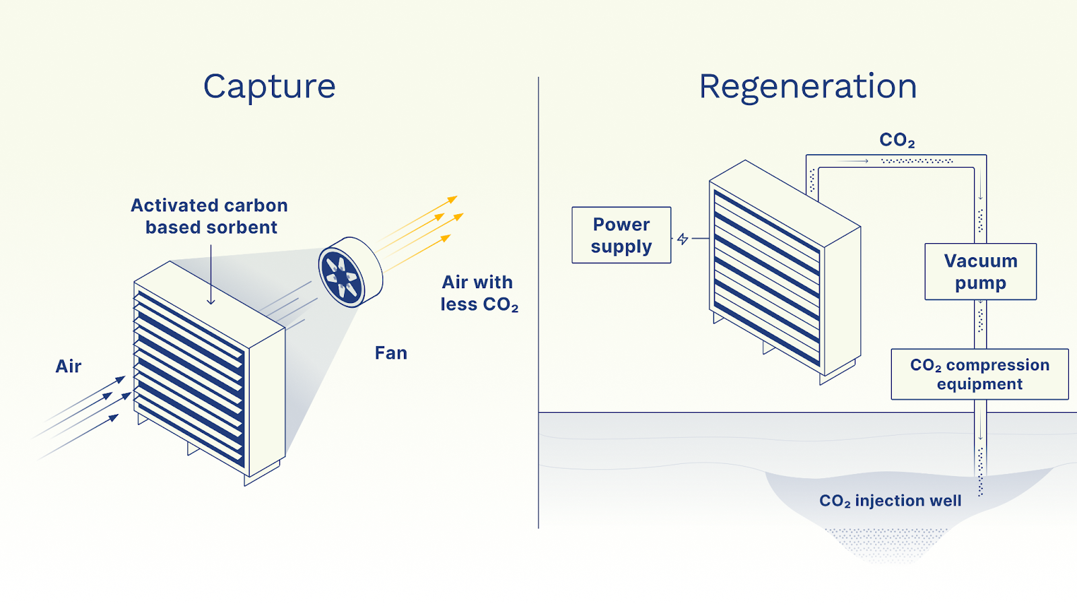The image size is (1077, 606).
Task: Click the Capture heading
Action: (x=269, y=87)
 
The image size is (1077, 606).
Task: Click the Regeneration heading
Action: (x=808, y=87)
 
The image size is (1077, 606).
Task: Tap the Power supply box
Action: (x=621, y=235)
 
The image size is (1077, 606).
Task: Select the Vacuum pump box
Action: (x=980, y=271)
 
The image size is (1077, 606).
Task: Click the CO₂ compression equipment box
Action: (x=979, y=374)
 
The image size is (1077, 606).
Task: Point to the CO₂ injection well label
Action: (x=890, y=501)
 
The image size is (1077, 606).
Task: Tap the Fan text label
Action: (x=390, y=353)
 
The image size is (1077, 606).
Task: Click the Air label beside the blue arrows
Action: (x=68, y=366)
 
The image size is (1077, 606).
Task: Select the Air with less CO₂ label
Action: (x=479, y=293)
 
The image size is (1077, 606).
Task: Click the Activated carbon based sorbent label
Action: (x=210, y=216)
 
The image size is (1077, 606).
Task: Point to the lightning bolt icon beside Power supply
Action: (x=683, y=239)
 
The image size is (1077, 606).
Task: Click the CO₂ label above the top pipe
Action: (x=897, y=140)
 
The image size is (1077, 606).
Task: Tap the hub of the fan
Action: (x=341, y=277)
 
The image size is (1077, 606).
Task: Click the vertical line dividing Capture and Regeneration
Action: (x=538, y=303)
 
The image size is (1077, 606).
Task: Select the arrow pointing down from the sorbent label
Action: (x=211, y=276)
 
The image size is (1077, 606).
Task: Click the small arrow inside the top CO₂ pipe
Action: (x=855, y=161)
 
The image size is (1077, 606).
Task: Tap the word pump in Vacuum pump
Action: (x=980, y=283)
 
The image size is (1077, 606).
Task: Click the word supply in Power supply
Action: (x=621, y=247)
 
